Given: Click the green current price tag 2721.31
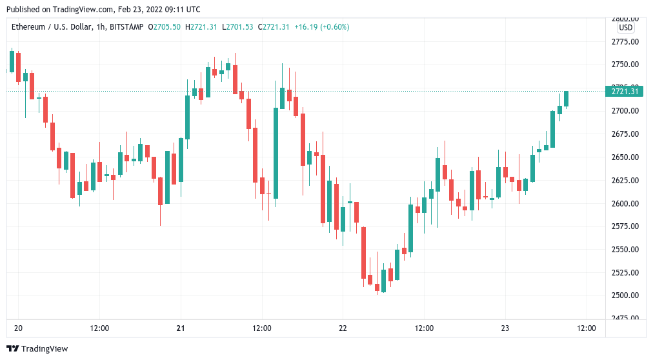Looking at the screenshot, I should (624, 92).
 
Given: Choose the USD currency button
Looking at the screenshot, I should (625, 28).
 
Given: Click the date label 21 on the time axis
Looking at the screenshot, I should (181, 328).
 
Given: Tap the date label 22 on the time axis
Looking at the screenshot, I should (343, 328).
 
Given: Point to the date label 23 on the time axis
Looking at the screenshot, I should (505, 328).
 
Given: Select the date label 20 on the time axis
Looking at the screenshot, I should (18, 328).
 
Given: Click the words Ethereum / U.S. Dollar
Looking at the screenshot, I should (49, 27).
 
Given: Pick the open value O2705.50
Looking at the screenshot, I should (164, 27).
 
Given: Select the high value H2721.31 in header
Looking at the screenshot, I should (201, 27).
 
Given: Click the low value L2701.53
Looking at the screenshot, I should (237, 27).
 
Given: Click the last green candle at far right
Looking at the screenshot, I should (566, 98).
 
